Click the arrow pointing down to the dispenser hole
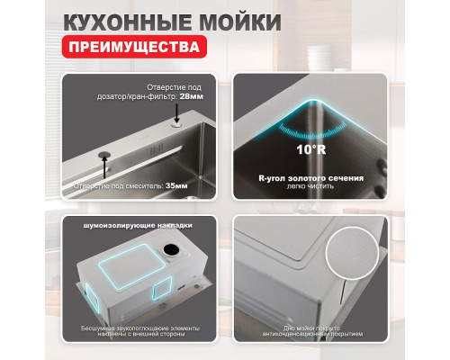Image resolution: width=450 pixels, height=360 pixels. click(x=177, y=111)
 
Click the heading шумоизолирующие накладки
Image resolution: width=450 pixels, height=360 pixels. click(x=138, y=225)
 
